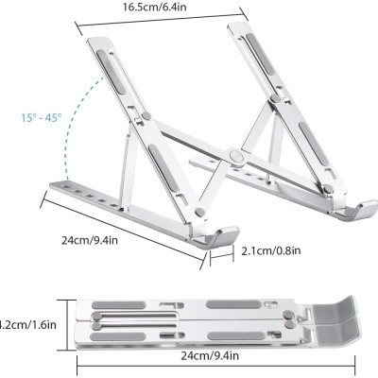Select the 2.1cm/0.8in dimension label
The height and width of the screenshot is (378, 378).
pos(274,251)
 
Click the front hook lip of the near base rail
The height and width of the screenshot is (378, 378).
pos(219,236)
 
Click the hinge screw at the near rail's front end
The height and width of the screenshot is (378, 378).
pos(199,213)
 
